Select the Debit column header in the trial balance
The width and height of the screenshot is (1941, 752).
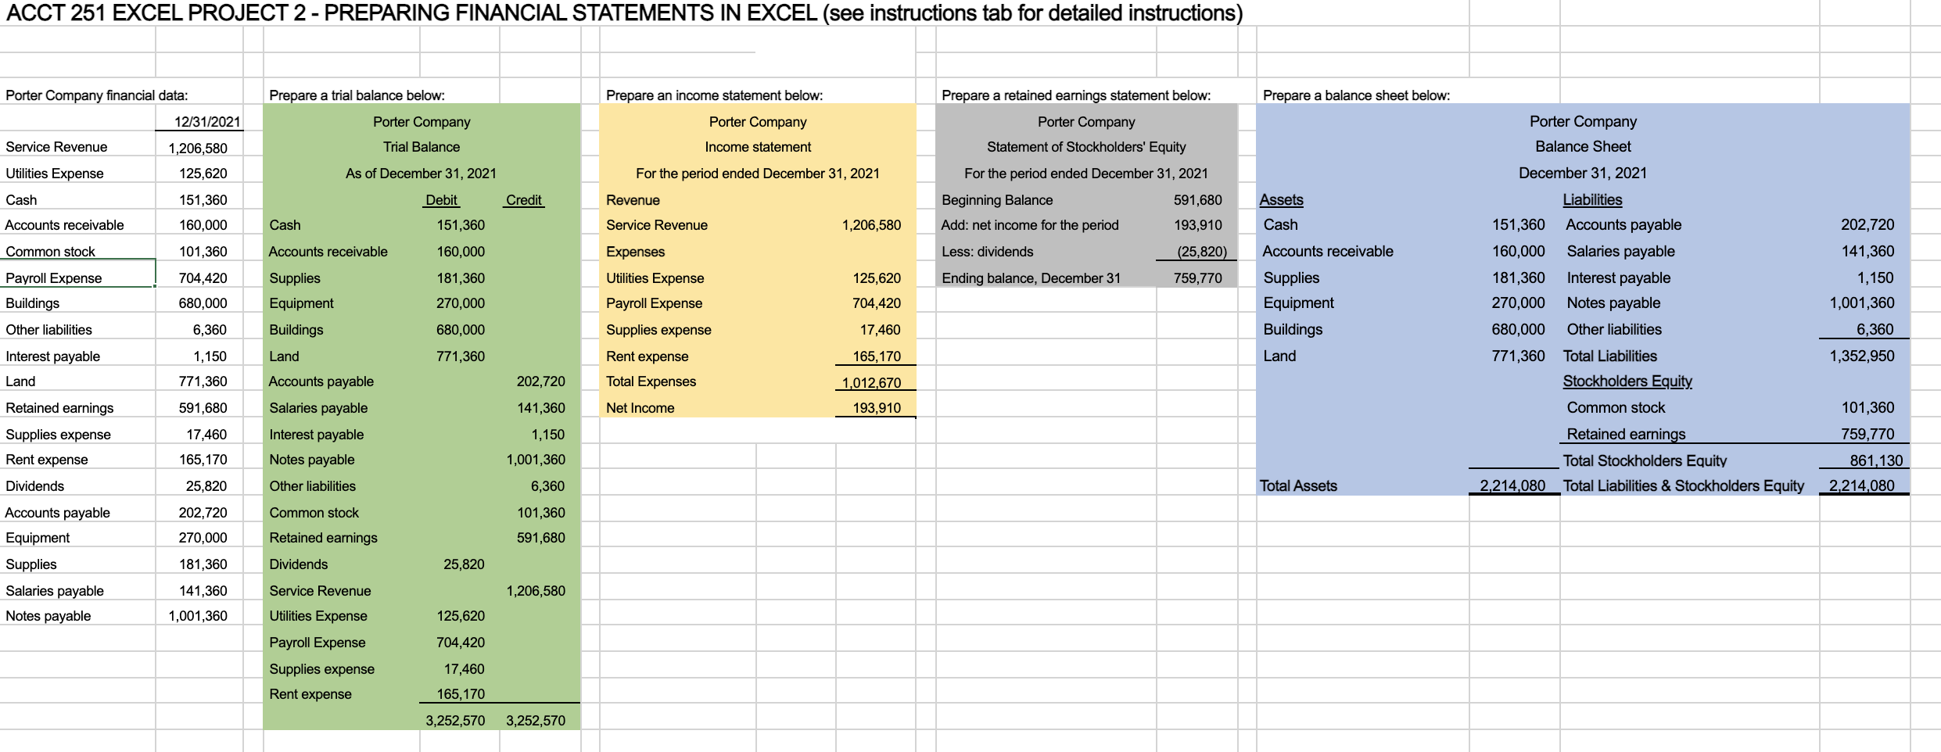coord(441,200)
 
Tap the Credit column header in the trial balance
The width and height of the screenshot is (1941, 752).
coord(523,200)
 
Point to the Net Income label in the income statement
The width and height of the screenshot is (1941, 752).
coord(640,408)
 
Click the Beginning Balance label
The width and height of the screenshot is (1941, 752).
coord(997,200)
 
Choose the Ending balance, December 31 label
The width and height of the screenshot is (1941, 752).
coord(1031,278)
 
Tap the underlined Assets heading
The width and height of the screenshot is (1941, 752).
coord(1281,200)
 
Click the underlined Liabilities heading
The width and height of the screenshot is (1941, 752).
coord(1592,200)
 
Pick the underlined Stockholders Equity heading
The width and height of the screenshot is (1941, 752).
coord(1627,381)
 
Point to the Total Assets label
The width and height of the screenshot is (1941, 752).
coord(1298,486)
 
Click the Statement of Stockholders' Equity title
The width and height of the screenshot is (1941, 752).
coord(1086,147)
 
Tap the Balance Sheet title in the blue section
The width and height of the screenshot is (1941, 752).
coord(1583,147)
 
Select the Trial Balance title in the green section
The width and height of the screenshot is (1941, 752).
coord(422,147)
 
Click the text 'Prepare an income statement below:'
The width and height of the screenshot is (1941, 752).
coord(714,95)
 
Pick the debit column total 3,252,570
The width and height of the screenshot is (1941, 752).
coord(455,721)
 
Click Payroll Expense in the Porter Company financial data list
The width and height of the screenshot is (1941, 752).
coord(53,278)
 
